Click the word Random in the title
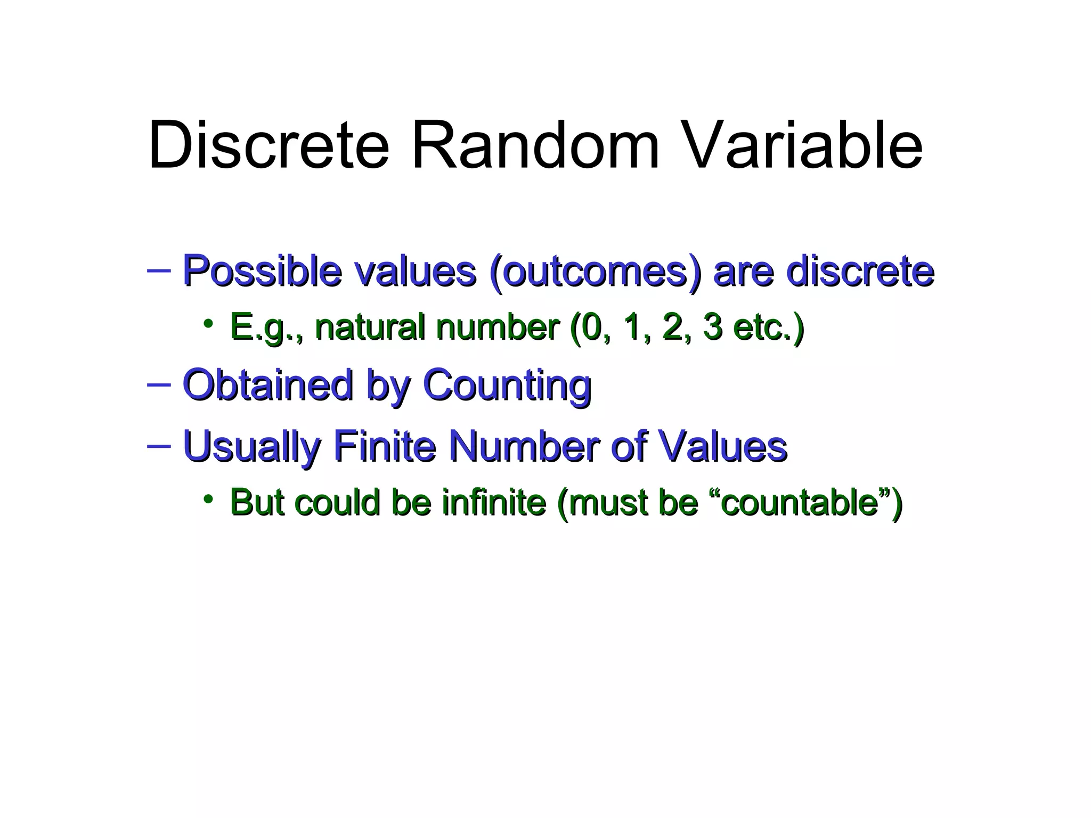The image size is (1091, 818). pos(535,145)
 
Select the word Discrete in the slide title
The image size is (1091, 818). pos(268,145)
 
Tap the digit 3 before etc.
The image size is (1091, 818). pos(712,326)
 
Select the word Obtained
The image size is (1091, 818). pos(267,385)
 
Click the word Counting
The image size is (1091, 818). pos(507,386)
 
